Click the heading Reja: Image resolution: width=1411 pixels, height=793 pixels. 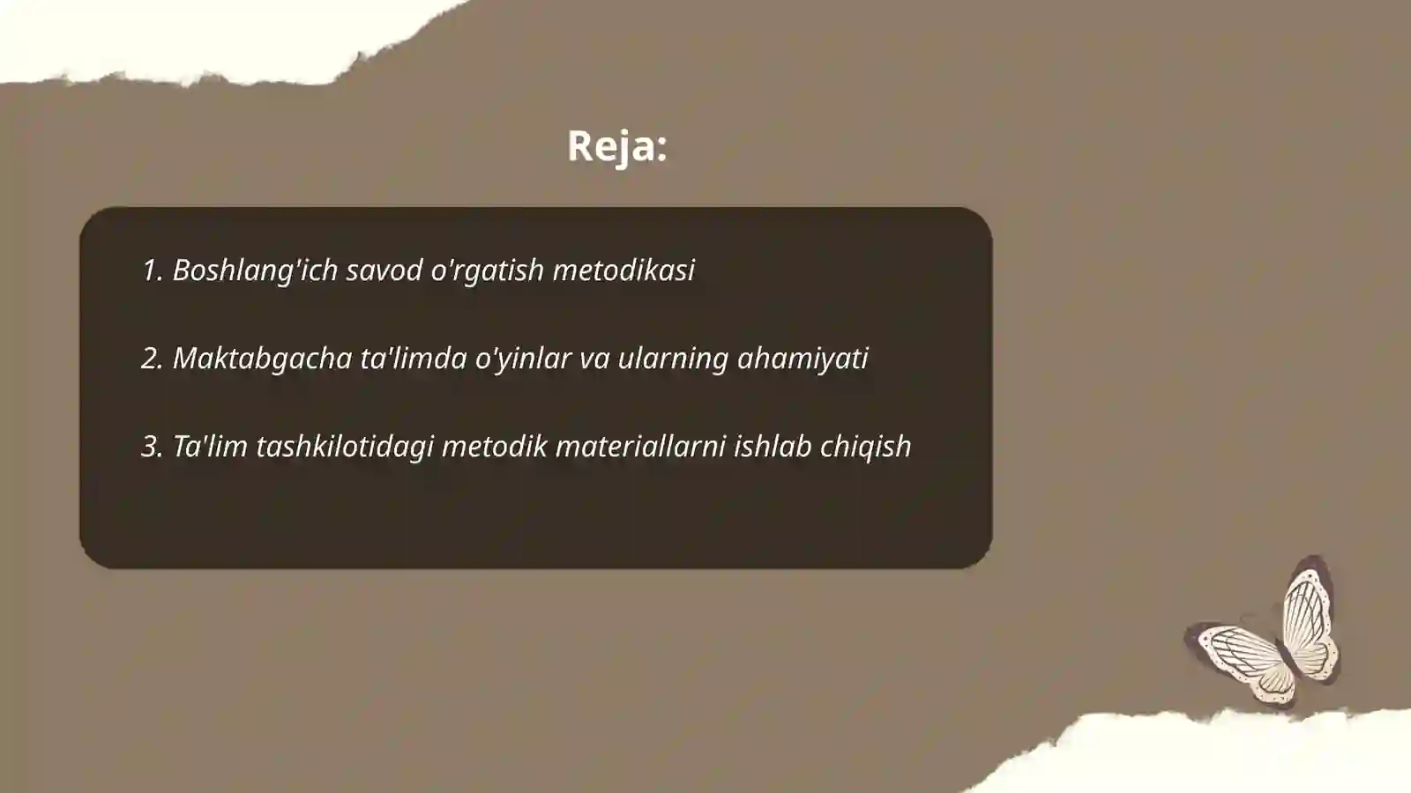[x=616, y=145]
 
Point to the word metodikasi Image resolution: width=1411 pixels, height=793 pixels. [x=623, y=271]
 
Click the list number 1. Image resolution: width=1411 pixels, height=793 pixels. [x=151, y=271]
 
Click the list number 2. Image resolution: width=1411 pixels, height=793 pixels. [x=152, y=359]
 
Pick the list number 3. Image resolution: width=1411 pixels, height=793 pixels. [x=152, y=447]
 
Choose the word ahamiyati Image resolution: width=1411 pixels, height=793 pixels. [x=803, y=359]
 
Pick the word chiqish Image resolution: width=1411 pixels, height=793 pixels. [x=865, y=447]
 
